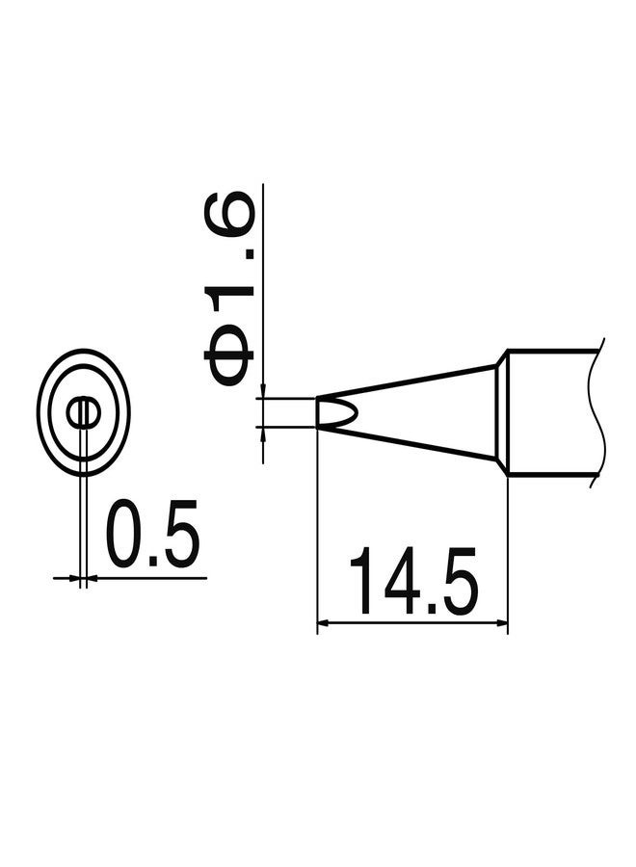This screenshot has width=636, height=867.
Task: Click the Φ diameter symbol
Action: (229, 356)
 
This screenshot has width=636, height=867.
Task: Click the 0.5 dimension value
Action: (152, 533)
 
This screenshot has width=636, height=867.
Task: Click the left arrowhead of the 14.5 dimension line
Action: (324, 623)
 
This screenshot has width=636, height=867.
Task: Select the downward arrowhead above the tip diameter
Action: (262, 391)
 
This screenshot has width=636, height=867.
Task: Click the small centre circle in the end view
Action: (84, 413)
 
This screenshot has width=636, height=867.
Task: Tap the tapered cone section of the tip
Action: (424, 411)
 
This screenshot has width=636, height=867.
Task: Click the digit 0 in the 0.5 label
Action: (126, 533)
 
